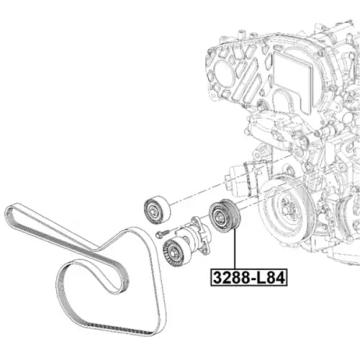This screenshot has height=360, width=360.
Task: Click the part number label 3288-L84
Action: click(x=249, y=277)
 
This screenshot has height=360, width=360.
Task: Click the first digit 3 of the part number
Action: click(x=217, y=278)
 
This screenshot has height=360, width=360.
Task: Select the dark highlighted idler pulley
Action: click(x=225, y=216)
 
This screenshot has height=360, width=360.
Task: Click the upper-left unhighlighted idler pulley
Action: click(x=157, y=210)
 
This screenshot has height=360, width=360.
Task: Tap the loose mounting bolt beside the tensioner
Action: click(x=162, y=233)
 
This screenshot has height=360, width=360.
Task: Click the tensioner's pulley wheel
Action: click(x=174, y=253)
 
